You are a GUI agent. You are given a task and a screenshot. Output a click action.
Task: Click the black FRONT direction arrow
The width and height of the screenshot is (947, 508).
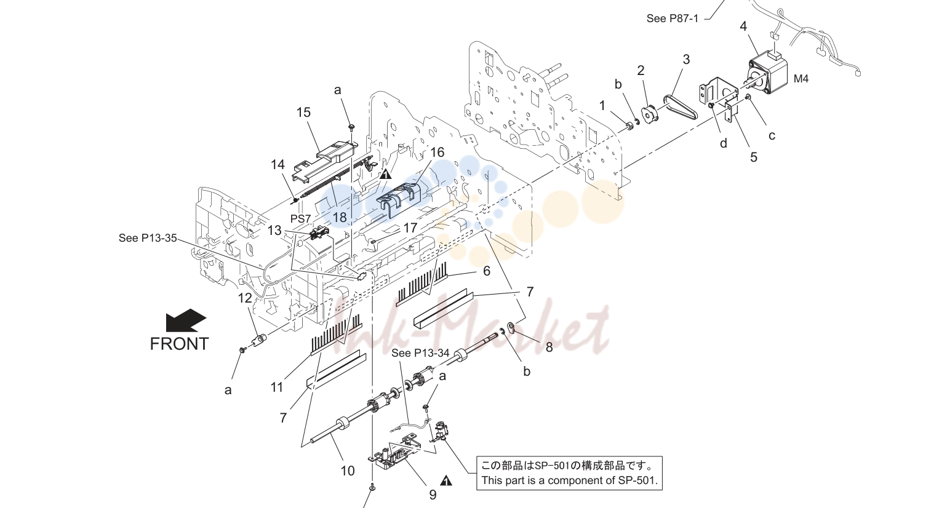(x=186, y=320)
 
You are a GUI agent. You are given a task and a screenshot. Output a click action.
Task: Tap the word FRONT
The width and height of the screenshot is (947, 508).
(x=179, y=344)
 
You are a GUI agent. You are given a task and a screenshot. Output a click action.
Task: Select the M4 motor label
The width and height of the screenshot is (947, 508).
(x=801, y=79)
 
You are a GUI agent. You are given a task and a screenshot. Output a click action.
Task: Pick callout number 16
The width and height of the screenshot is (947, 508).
(x=437, y=153)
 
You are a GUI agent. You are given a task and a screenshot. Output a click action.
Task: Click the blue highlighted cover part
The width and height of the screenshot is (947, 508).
(x=398, y=200)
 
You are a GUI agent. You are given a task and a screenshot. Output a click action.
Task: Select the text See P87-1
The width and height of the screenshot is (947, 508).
(x=672, y=18)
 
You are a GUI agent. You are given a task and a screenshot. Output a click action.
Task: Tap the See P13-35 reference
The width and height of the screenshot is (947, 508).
(x=148, y=238)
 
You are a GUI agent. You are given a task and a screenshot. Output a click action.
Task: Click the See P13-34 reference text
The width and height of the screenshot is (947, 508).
(x=420, y=353)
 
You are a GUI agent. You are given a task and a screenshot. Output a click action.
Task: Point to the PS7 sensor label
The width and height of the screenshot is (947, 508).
(x=300, y=219)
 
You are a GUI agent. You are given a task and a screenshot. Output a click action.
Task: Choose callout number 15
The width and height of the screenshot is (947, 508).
(x=303, y=113)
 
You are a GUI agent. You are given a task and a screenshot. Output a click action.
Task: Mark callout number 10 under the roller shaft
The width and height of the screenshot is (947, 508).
(x=348, y=471)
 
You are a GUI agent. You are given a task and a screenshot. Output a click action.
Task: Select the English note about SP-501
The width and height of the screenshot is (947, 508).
(x=569, y=480)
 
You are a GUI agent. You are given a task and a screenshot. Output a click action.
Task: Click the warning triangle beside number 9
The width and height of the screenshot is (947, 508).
(x=446, y=481)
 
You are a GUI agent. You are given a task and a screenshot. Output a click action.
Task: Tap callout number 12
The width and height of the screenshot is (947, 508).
(x=245, y=298)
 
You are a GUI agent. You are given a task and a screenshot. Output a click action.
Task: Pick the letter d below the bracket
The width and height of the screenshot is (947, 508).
(x=724, y=144)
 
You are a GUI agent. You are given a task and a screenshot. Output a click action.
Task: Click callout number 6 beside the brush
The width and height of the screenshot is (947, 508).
(x=487, y=271)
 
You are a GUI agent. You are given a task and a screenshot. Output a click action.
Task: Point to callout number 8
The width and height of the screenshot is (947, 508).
(x=549, y=347)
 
